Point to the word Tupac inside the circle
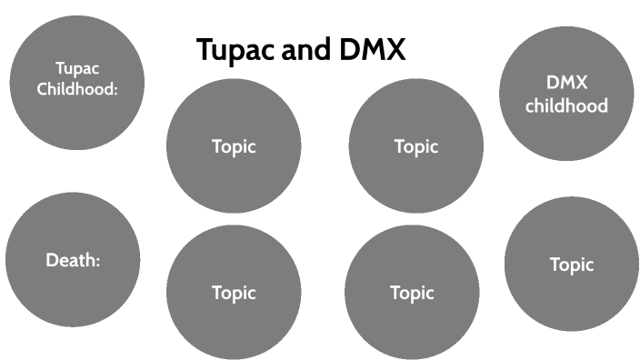[75, 69]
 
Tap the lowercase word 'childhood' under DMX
[554, 106]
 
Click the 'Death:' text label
[73, 261]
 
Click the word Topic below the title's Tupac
[234, 146]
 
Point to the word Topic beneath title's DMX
[415, 146]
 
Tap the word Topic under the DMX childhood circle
[571, 265]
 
